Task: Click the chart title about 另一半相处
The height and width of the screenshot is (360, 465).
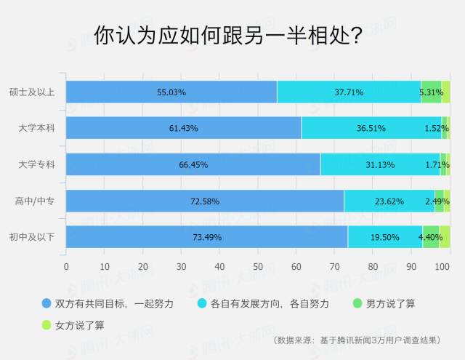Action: click(228, 36)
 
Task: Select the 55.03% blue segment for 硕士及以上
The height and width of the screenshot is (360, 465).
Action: click(171, 92)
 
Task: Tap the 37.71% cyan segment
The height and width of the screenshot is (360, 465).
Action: click(349, 92)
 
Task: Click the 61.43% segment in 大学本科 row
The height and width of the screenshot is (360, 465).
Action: click(184, 128)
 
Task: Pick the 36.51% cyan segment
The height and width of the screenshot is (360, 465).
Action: click(371, 128)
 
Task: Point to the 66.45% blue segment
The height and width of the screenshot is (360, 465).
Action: click(193, 164)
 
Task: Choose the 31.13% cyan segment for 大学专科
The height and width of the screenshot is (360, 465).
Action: click(380, 164)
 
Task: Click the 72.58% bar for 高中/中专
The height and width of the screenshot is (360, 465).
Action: click(205, 201)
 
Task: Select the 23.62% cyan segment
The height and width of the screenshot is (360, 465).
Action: click(389, 201)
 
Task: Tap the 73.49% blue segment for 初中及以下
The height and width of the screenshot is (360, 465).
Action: click(207, 237)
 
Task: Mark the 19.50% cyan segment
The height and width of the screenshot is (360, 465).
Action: click(385, 237)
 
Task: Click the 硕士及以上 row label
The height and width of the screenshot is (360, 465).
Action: click(32, 92)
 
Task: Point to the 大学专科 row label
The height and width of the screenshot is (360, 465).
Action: click(37, 164)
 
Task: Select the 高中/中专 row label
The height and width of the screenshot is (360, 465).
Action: click(35, 201)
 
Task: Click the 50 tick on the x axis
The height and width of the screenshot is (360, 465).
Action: click(258, 266)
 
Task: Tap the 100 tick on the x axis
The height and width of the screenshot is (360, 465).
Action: click(442, 266)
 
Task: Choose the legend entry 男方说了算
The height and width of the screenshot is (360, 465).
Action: click(384, 303)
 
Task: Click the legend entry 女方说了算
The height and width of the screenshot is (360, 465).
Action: click(73, 325)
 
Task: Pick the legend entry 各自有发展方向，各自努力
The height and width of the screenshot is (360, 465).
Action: click(263, 303)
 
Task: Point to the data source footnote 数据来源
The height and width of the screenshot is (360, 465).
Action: click(357, 340)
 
